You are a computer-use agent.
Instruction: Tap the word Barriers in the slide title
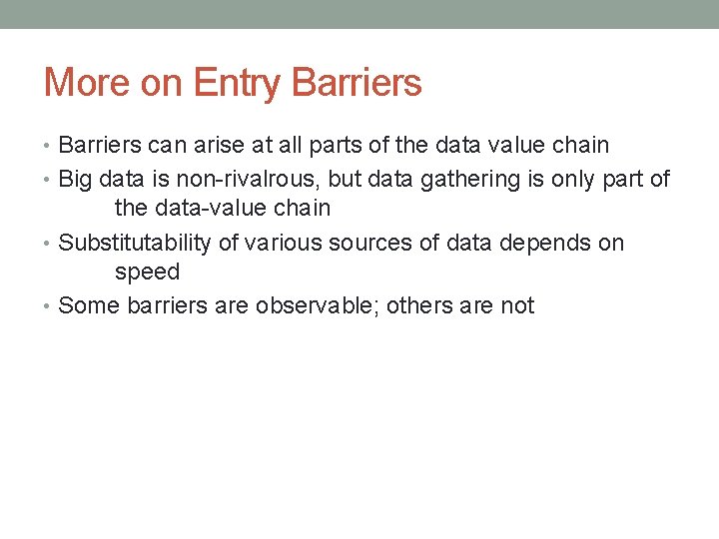point(357,82)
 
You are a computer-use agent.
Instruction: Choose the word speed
point(147,271)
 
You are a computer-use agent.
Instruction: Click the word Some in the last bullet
point(89,305)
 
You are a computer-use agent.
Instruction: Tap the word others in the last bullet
point(418,305)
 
